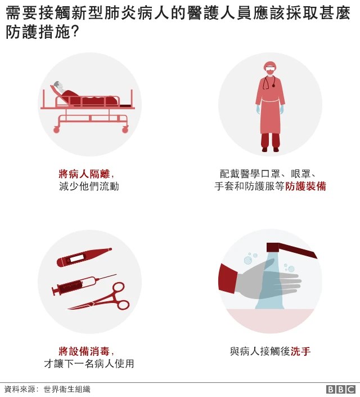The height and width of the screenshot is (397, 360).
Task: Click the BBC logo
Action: pyautogui.click(x=341, y=389)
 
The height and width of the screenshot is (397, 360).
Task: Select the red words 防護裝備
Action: pyautogui.click(x=305, y=186)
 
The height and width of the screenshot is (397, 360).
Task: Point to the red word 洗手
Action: pyautogui.click(x=300, y=351)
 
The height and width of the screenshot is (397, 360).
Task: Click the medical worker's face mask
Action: pyautogui.click(x=270, y=72)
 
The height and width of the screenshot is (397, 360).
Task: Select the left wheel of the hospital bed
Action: pyautogui.click(x=56, y=130)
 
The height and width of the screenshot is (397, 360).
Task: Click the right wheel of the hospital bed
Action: pyautogui.click(x=125, y=130)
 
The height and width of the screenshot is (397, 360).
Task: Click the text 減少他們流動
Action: pyautogui.click(x=89, y=186)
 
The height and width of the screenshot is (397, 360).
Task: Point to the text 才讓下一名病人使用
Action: pyautogui.click(x=89, y=364)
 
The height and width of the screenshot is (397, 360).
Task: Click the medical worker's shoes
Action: pyautogui.click(x=270, y=149)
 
